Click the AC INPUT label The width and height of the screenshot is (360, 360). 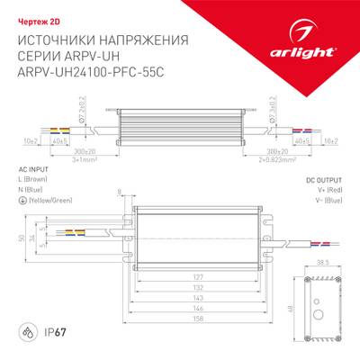[x=34, y=169]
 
